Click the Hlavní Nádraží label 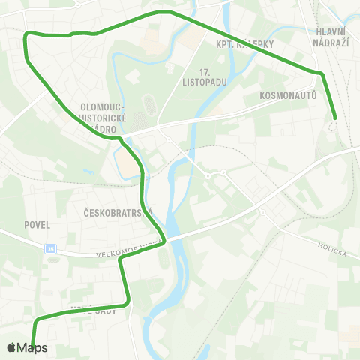click(x=330, y=37)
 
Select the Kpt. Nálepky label click(x=245, y=44)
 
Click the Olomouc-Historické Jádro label click(x=106, y=117)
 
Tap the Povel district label click(x=37, y=224)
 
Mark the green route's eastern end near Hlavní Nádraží click(x=334, y=117)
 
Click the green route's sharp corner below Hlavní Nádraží click(x=322, y=73)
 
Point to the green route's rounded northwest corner click(x=28, y=34)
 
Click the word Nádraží click(x=330, y=43)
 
